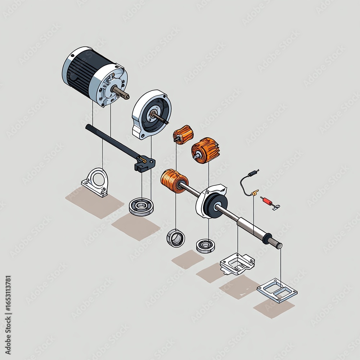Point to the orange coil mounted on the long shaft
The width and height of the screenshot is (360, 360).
tap(174, 181)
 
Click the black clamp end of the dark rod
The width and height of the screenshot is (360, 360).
tap(145, 163)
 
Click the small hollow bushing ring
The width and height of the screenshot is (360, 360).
tap(176, 238)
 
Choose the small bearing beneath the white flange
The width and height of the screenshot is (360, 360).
tap(206, 246)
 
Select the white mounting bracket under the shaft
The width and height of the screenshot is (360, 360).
tap(237, 264)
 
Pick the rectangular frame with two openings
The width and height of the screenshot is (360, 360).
tap(277, 290)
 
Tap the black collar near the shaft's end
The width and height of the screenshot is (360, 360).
tap(267, 238)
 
